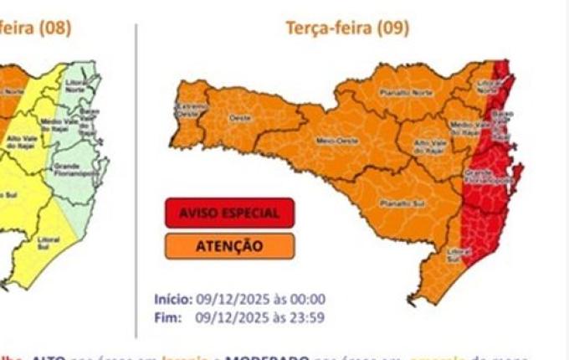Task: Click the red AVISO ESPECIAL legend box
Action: point(228,213)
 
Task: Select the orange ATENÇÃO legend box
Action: point(228,246)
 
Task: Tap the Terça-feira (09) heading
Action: point(347,28)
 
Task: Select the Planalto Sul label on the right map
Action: point(393,202)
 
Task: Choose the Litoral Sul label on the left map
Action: point(49,243)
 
